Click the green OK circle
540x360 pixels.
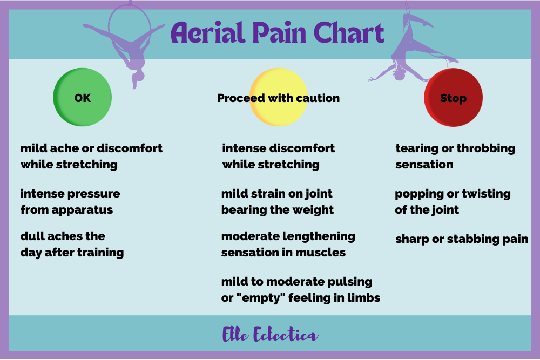click(x=82, y=97)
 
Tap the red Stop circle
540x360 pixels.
click(x=453, y=97)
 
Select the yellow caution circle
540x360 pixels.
click(x=278, y=97)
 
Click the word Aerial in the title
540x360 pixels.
click(x=208, y=32)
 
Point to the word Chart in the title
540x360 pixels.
click(x=349, y=32)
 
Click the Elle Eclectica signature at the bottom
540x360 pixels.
click(x=270, y=334)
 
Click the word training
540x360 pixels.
click(x=100, y=253)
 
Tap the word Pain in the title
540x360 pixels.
click(x=279, y=32)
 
